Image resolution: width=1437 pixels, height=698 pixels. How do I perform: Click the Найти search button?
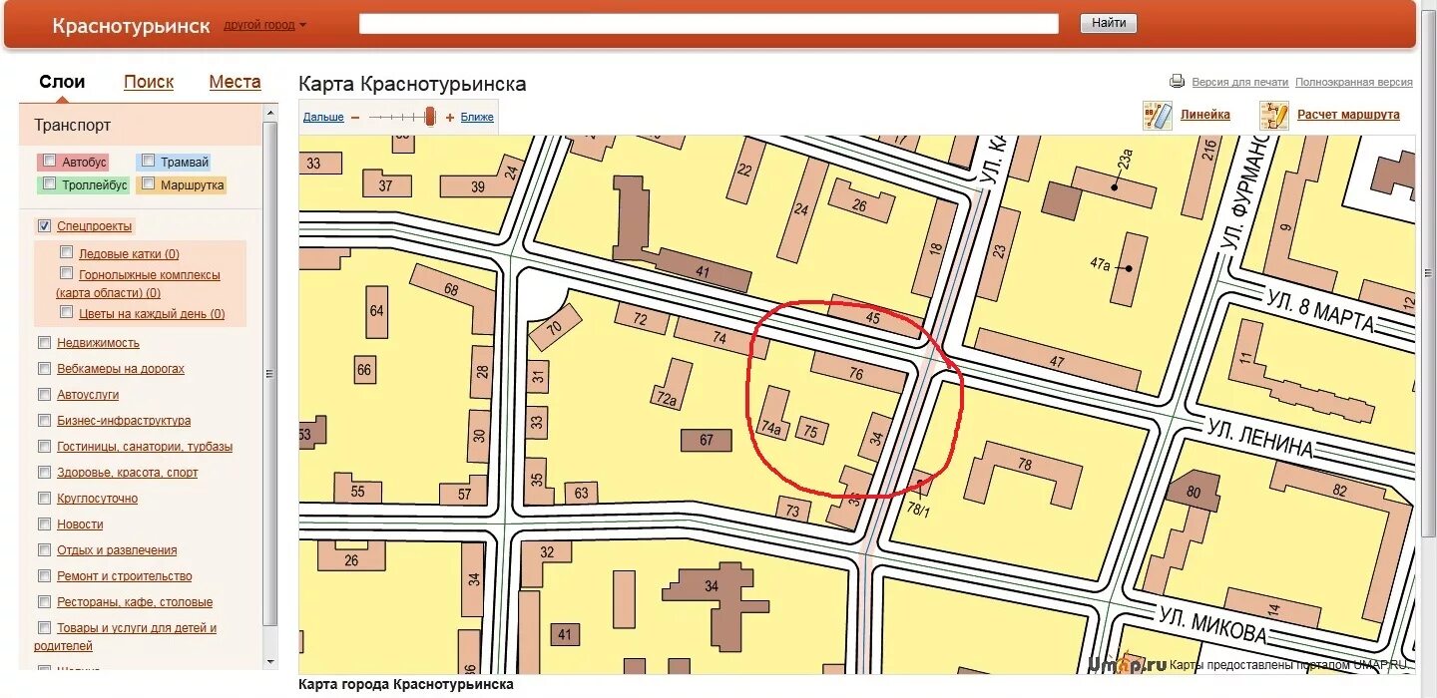1108,23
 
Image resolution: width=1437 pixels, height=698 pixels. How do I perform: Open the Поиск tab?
149,82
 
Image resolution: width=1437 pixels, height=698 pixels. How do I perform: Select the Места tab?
235,82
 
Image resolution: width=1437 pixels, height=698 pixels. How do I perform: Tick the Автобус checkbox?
50,161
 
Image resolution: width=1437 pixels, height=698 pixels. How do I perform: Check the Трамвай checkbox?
148,161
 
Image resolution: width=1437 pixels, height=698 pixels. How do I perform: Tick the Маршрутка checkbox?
148,183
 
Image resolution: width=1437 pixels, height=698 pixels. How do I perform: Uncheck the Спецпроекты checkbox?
44,226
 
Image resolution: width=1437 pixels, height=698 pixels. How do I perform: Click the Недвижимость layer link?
98,343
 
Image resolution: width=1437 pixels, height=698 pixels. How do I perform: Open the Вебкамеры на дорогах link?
121,369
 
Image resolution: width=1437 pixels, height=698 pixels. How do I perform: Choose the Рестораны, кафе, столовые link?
135,602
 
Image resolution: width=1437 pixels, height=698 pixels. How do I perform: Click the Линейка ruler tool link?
1204,115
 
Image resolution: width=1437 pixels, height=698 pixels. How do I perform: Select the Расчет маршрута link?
1347,115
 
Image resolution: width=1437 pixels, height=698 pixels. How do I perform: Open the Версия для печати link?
1239,82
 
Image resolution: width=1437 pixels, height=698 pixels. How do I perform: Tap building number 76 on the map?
856,374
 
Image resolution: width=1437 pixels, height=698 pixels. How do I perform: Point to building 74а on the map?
770,427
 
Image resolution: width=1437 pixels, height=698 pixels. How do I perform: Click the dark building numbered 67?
707,440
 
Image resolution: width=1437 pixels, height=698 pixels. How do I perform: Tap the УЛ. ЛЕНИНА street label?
1259,438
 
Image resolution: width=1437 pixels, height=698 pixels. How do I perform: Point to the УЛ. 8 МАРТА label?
1319,309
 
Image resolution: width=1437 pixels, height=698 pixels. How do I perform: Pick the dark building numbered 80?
1194,492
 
